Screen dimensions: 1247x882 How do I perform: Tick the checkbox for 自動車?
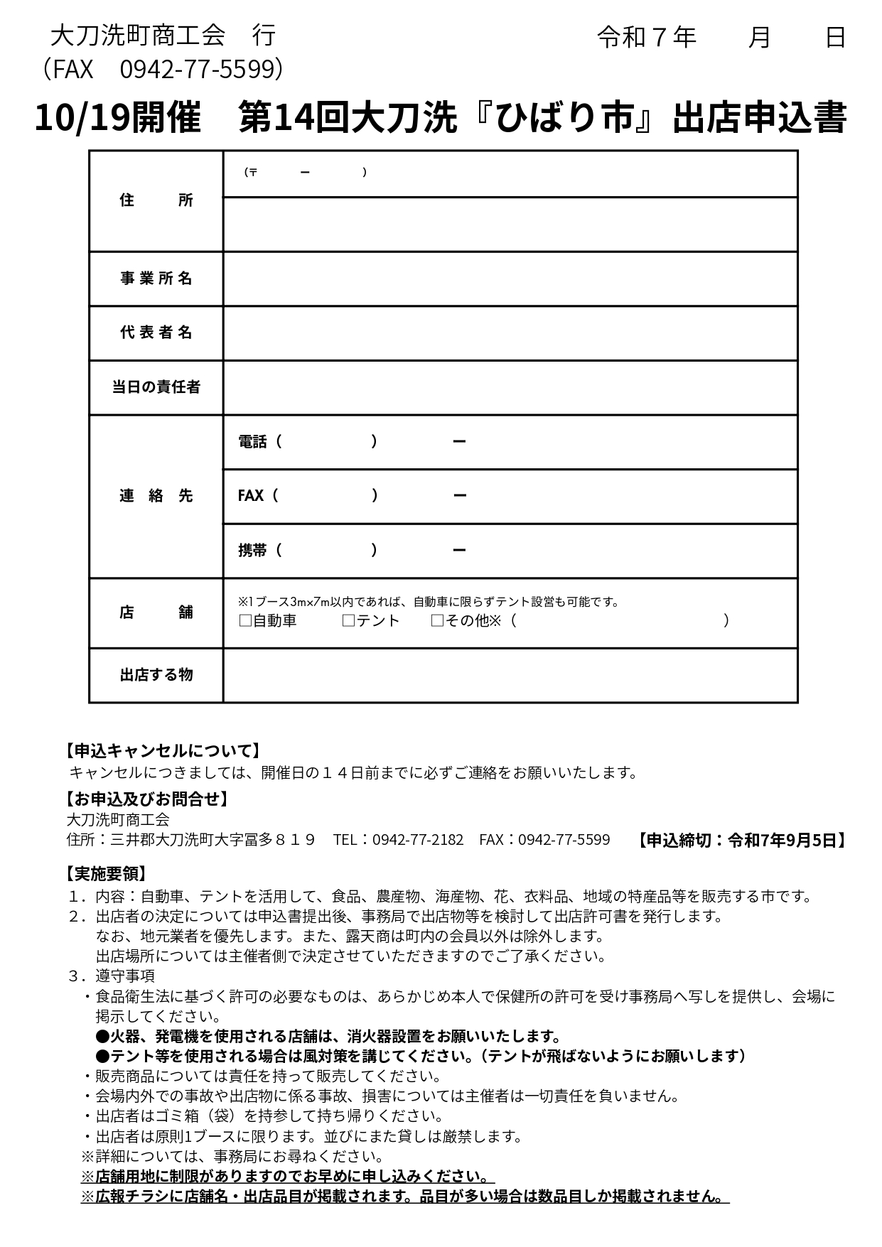point(245,621)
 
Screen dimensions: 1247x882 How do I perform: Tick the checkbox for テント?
point(348,621)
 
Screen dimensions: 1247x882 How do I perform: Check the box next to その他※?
point(437,621)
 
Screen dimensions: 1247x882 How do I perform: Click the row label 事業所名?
point(156,279)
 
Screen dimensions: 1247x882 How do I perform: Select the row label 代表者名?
point(156,333)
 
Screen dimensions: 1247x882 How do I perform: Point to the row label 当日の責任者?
point(156,387)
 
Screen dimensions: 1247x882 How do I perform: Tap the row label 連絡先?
point(156,496)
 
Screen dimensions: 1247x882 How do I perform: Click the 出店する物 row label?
point(156,674)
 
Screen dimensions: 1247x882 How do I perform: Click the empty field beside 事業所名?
point(510,279)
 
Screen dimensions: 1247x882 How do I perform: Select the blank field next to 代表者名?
point(510,333)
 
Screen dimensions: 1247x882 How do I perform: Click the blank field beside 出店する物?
point(510,674)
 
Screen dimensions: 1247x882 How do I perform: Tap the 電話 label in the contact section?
point(252,442)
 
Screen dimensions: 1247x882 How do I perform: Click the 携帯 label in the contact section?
point(252,550)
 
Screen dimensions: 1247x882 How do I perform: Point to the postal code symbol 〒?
point(252,172)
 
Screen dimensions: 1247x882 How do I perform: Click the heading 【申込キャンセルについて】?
point(163,750)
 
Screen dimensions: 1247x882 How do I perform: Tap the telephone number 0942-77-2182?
point(418,840)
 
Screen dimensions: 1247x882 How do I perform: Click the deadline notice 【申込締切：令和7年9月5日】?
point(740,840)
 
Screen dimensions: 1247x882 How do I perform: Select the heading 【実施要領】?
point(107,874)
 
